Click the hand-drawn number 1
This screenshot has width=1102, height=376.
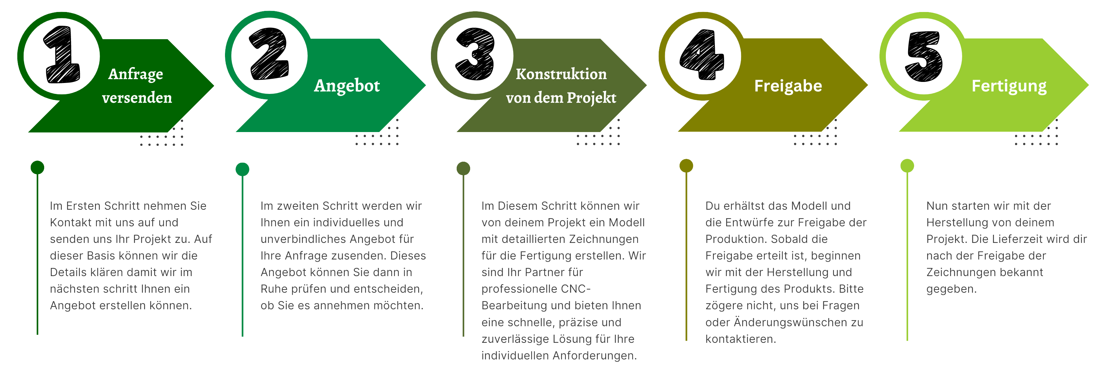[x=63, y=55]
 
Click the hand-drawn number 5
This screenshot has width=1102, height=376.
[x=924, y=56]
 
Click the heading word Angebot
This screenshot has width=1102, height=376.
[x=346, y=85]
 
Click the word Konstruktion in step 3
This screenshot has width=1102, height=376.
[x=561, y=74]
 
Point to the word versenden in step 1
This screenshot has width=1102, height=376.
[x=137, y=98]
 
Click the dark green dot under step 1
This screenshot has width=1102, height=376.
[x=37, y=167]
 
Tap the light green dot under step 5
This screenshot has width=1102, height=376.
[x=907, y=166]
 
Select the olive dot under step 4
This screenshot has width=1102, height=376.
[x=686, y=166]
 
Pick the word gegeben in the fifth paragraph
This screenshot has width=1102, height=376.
[x=951, y=289]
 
